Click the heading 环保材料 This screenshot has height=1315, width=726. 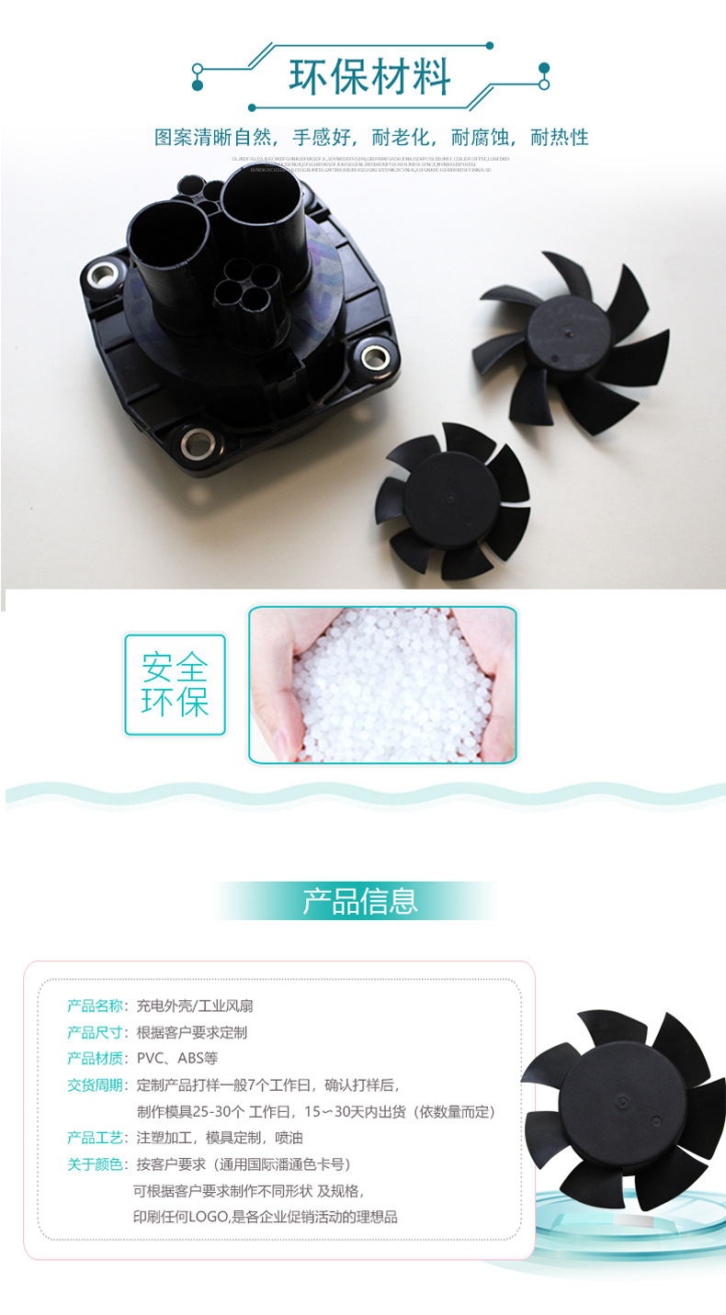point(369,78)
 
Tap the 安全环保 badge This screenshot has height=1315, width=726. point(175,684)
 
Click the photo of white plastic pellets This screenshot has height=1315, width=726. point(382,684)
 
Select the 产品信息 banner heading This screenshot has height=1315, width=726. point(360,901)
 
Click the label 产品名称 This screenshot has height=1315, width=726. point(95,1006)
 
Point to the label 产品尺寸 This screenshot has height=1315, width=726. point(95,1032)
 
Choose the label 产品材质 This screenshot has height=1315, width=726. point(95,1058)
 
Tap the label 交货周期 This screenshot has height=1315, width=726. point(95,1085)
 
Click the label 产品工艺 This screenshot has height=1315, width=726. point(95,1138)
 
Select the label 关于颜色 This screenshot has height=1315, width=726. point(95,1164)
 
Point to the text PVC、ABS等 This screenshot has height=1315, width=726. point(177,1058)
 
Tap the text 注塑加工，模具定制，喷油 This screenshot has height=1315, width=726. point(219,1138)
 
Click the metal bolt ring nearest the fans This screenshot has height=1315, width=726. point(374,354)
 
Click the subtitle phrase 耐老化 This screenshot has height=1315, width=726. point(408,138)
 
